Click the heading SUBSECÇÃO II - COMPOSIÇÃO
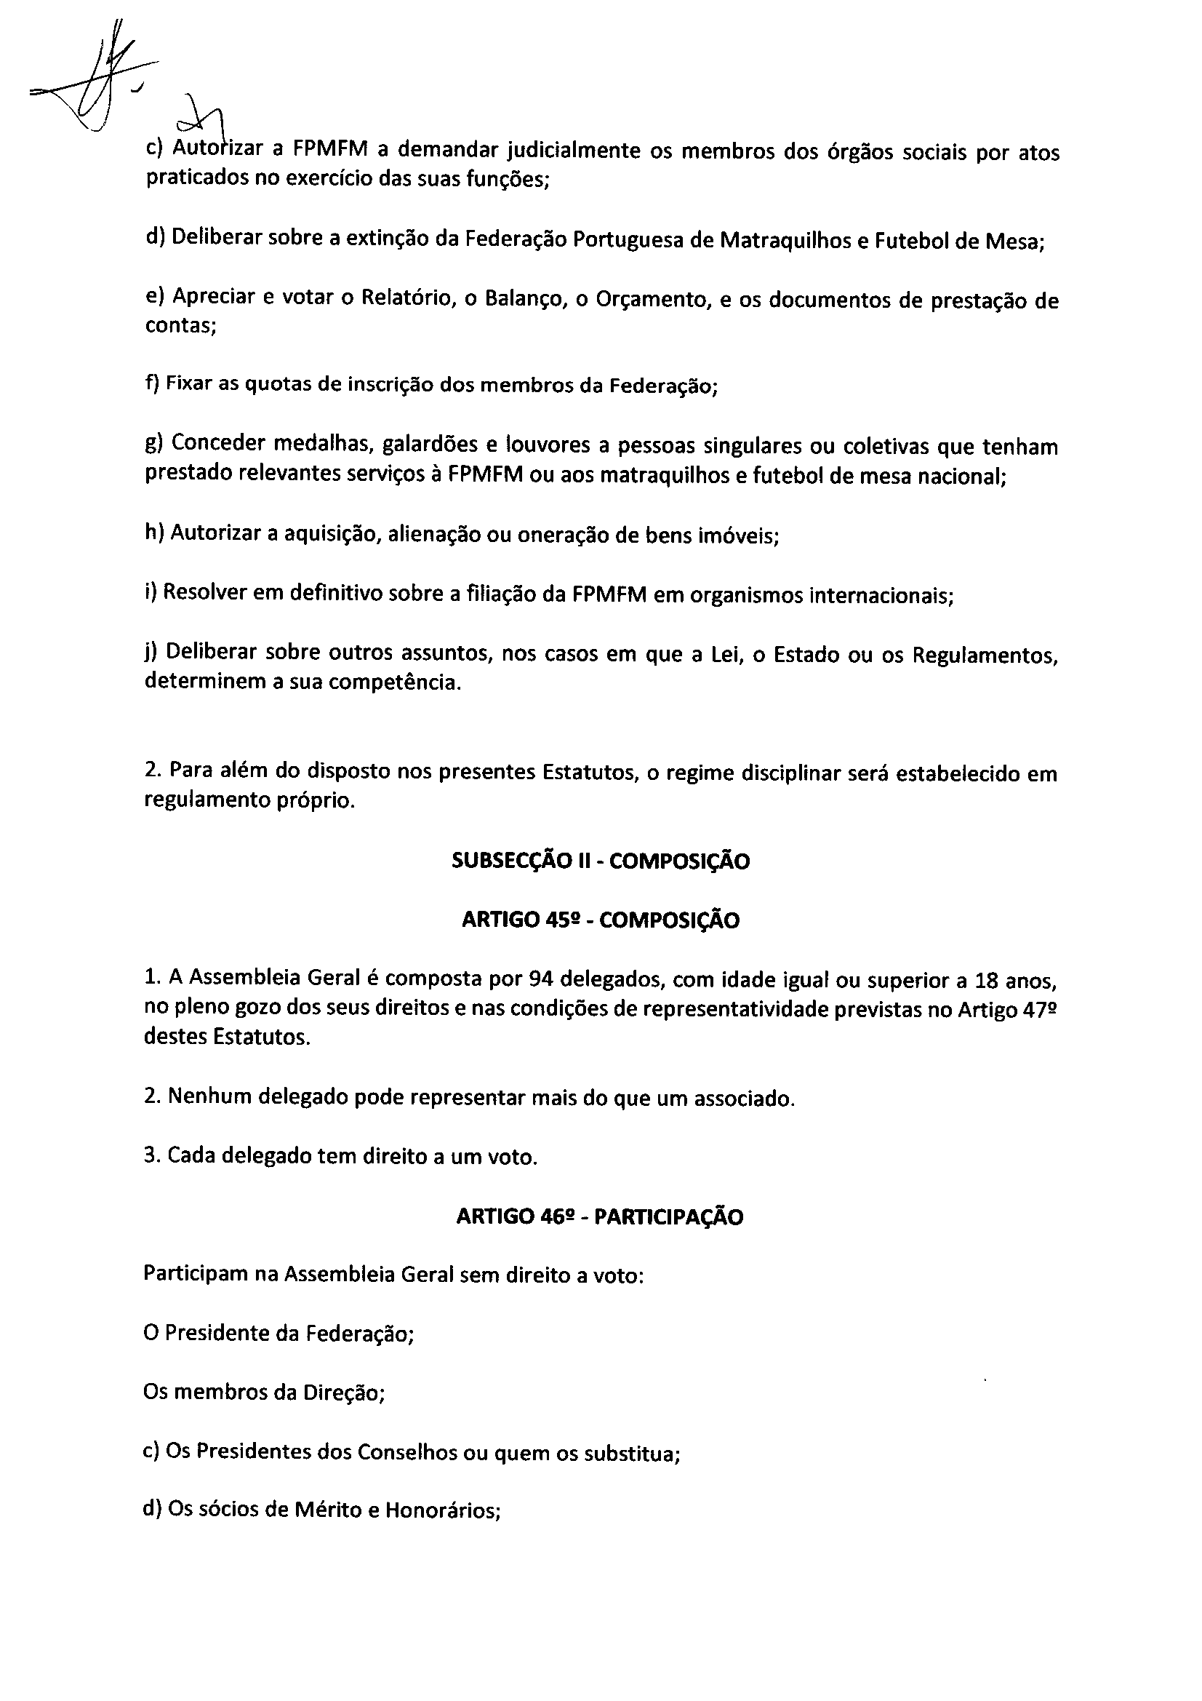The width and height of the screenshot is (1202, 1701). pos(601,861)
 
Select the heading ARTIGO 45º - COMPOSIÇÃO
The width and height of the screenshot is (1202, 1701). pos(601,920)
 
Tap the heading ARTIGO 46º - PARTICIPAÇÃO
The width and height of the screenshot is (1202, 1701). pos(600,1216)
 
